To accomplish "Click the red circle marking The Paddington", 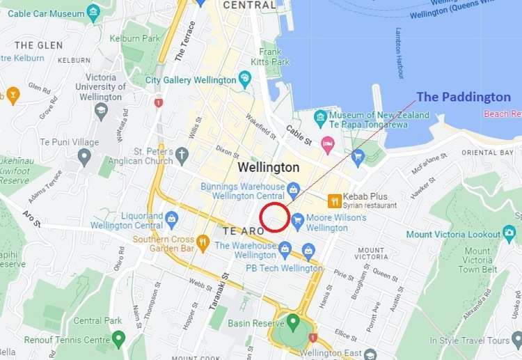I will coord(274,217).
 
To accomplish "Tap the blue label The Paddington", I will coord(463,97).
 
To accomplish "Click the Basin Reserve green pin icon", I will coord(293,322).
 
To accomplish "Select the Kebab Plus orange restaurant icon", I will coord(335,201).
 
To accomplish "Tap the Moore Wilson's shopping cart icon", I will coord(298,219).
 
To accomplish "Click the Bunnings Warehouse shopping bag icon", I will coord(294,188).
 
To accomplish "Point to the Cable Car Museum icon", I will coord(94,13).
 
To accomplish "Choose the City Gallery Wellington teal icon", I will coord(244,79).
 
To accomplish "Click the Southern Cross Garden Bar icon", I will coord(203,242).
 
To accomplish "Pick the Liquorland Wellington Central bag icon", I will coord(171,220).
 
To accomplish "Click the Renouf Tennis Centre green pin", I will coord(118,340).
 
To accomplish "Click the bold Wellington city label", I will coord(269,168).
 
